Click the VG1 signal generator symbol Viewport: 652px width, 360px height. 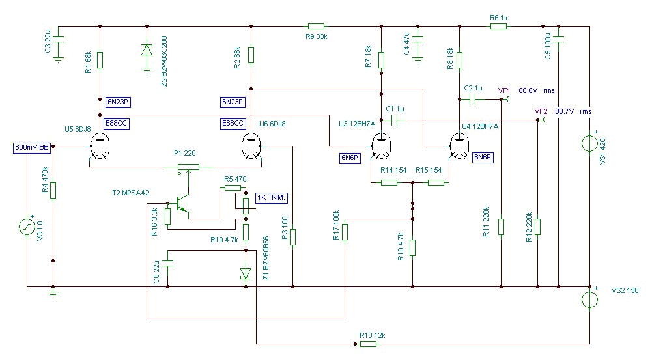pos(27,227)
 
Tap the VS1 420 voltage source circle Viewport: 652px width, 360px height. pos(589,144)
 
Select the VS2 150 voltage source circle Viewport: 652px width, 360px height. pos(589,299)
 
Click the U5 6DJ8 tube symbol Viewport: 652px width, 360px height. pos(100,146)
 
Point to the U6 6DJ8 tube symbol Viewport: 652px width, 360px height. pos(251,146)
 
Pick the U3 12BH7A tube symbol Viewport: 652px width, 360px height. pos(381,146)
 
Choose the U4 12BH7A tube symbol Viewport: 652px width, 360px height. pos(459,146)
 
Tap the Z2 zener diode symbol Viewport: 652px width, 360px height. pos(147,50)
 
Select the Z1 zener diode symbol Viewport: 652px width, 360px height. pos(246,273)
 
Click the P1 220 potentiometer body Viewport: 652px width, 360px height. pos(188,167)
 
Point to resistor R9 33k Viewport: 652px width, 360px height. pos(316,26)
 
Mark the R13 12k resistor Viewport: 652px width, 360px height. pos(368,344)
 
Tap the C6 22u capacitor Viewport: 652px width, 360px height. pos(168,263)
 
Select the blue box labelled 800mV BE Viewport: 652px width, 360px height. pos(32,147)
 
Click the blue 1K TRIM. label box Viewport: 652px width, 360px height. pos(272,197)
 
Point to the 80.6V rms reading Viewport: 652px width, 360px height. pos(537,90)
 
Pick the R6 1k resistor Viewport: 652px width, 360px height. pos(498,26)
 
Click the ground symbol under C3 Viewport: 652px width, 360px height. pos(58,59)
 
